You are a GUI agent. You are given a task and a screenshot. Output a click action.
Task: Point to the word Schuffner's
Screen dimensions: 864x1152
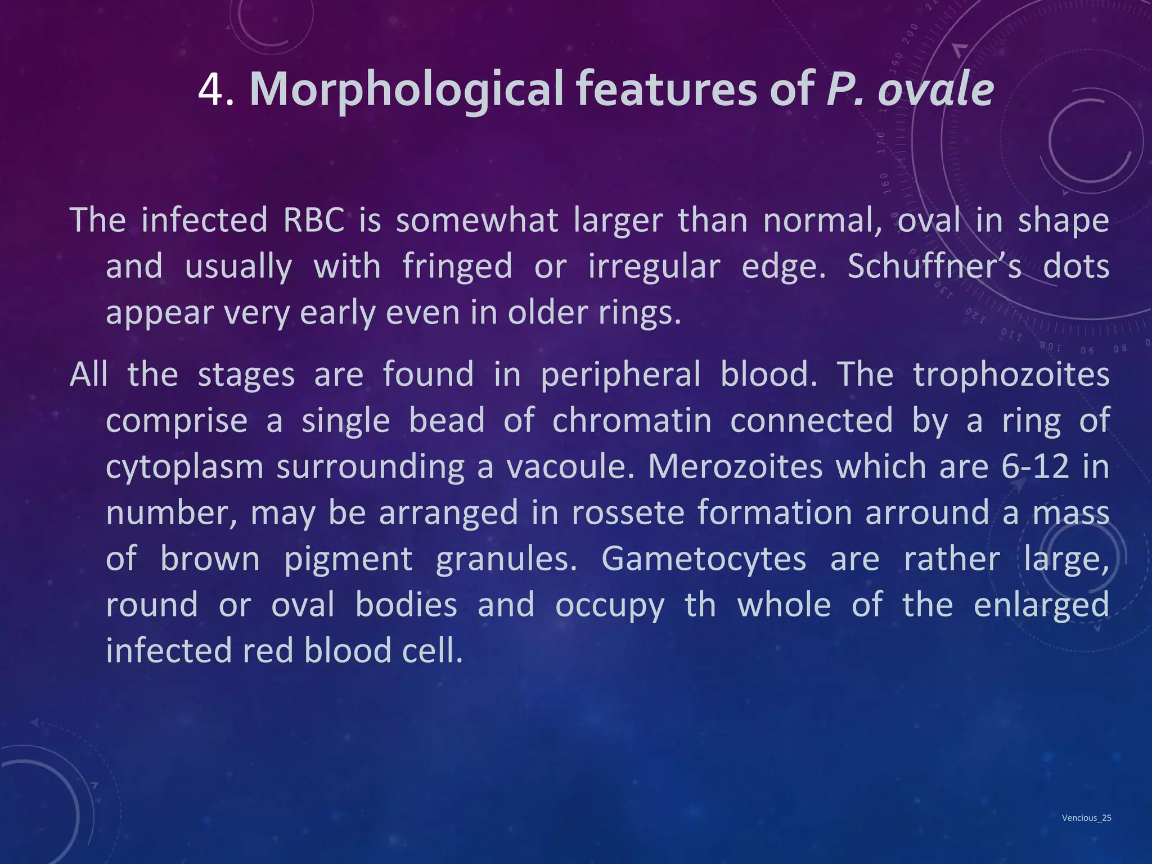[x=934, y=266]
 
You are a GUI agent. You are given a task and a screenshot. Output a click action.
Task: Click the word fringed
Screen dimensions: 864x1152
[x=457, y=266]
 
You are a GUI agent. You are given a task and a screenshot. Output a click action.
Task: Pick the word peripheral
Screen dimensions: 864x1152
[x=620, y=375]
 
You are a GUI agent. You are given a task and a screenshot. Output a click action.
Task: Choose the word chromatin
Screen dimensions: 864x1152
[x=632, y=421]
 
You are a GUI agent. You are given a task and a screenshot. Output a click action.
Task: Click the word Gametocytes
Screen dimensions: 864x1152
[x=704, y=559]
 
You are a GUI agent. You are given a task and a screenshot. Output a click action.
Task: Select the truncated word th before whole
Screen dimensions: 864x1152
[x=700, y=605]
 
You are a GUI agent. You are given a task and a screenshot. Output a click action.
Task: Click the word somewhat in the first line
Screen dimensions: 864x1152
[x=477, y=220]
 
